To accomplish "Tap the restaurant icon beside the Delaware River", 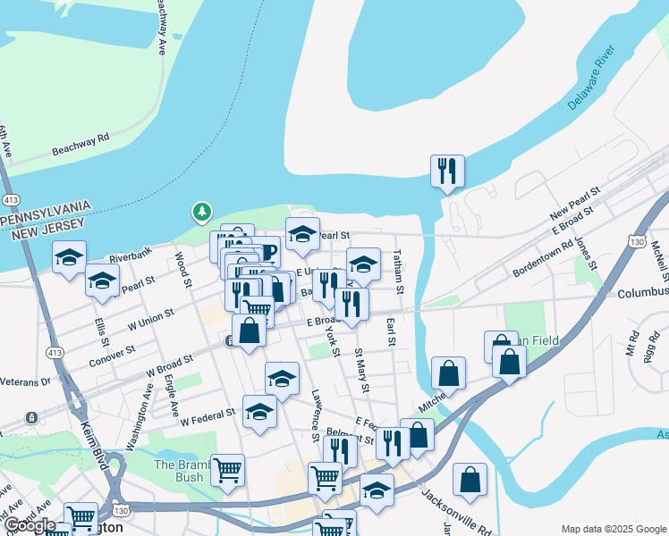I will tap(447, 170).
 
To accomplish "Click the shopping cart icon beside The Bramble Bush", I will tap(227, 469).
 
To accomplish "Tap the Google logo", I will tap(29, 525).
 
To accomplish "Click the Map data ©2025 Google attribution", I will tap(614, 529).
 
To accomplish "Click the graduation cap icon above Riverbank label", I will tap(69, 257).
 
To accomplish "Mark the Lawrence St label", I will tap(315, 413).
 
